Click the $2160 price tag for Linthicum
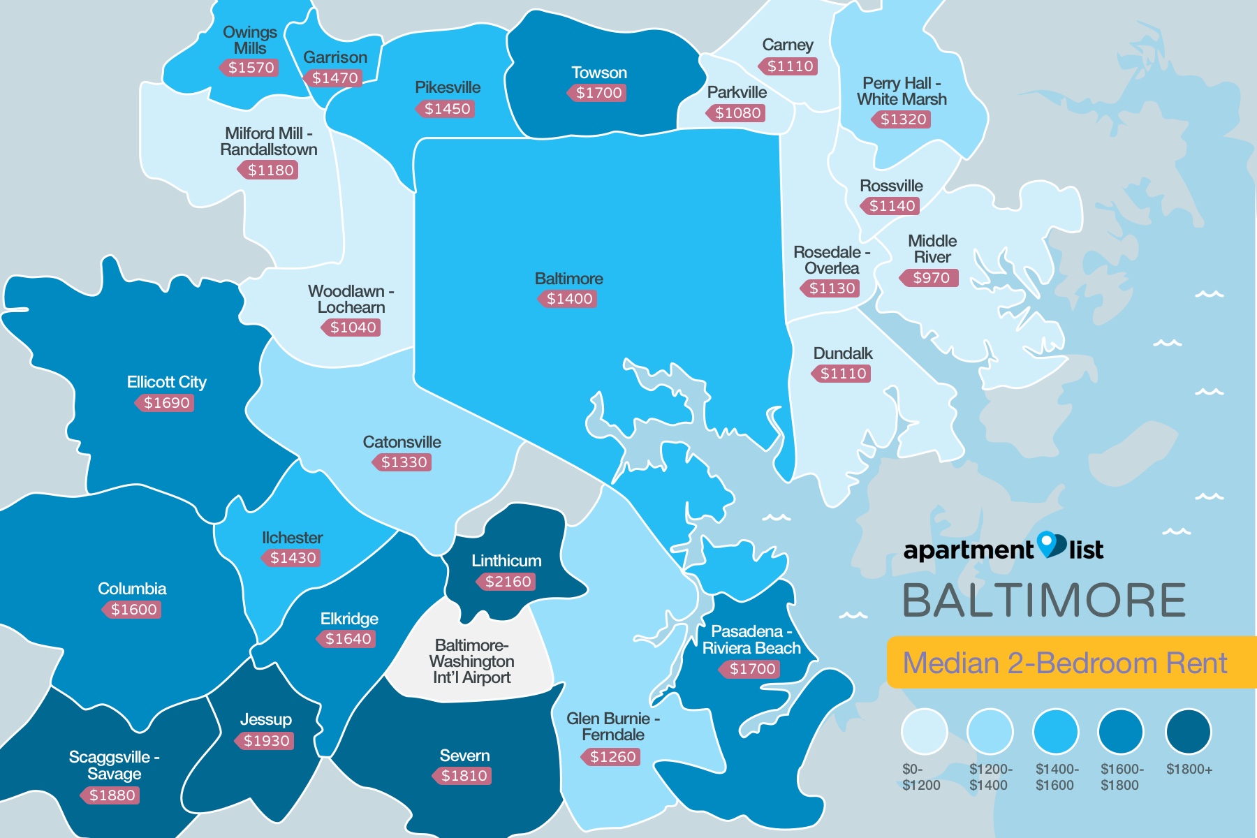pyautogui.click(x=507, y=581)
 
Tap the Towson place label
pyautogui.click(x=598, y=73)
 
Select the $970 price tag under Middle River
pyautogui.click(x=929, y=278)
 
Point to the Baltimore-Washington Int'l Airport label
pyautogui.click(x=471, y=661)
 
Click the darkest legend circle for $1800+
pyautogui.click(x=1187, y=731)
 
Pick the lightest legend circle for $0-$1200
pyautogui.click(x=923, y=731)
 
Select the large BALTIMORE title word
pyautogui.click(x=1043, y=601)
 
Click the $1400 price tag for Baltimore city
pyautogui.click(x=568, y=299)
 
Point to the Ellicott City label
pyautogui.click(x=166, y=382)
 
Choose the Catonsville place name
pyautogui.click(x=402, y=442)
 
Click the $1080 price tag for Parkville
pyautogui.click(x=737, y=113)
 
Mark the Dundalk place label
pyautogui.click(x=842, y=353)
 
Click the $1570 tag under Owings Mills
pyautogui.click(x=250, y=68)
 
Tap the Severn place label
pyautogui.click(x=464, y=756)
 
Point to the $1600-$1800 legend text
pyautogui.click(x=1122, y=777)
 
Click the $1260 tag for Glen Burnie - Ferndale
pyautogui.click(x=612, y=756)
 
